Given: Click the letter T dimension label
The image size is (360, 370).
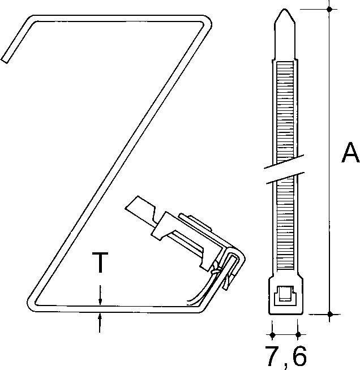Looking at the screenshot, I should tap(100, 264).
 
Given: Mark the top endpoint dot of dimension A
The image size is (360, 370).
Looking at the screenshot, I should tap(330, 10).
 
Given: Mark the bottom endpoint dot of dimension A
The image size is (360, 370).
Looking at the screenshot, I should tap(330, 312).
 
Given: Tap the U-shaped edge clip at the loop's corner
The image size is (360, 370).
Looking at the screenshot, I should tap(232, 266).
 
